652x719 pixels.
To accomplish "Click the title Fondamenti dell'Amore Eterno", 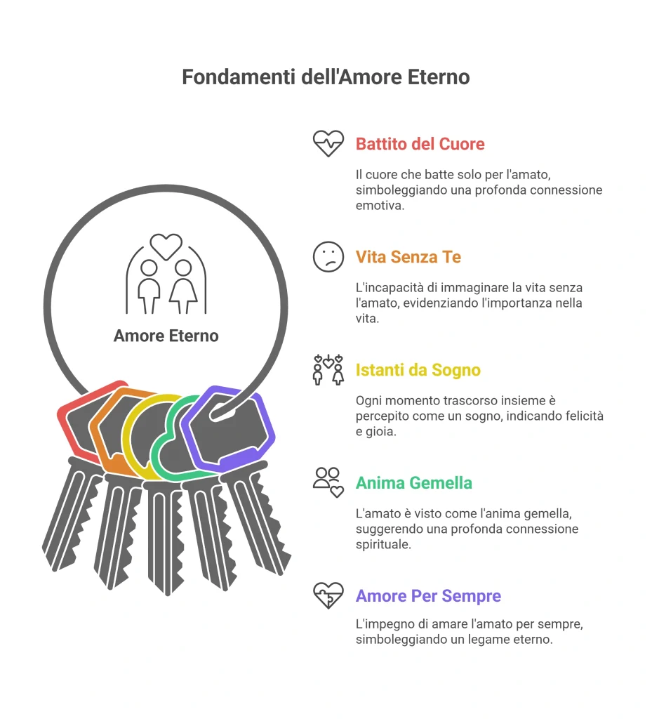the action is click(x=326, y=77).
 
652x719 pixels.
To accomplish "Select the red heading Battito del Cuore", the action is click(x=420, y=144).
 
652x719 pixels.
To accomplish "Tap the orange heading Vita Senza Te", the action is click(x=408, y=257).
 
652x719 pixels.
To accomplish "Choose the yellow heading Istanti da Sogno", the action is click(x=418, y=370).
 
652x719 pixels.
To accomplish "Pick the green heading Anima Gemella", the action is click(x=414, y=483).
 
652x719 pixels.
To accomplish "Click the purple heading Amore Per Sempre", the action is click(x=428, y=595).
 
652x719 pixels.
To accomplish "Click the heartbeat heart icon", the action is click(x=328, y=143).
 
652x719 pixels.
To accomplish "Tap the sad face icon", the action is click(x=328, y=257).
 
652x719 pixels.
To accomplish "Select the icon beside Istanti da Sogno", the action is click(x=328, y=369).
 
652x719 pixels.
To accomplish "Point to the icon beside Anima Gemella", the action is click(x=328, y=483).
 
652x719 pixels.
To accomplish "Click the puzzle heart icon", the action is click(x=328, y=595).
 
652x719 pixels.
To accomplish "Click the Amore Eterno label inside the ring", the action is click(x=166, y=336).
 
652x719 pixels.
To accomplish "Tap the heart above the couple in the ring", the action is click(x=166, y=246).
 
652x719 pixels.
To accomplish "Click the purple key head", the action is click(x=227, y=430).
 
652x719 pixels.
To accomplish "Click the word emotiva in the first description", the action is click(x=380, y=206).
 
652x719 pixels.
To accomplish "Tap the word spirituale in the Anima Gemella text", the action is click(x=383, y=545).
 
